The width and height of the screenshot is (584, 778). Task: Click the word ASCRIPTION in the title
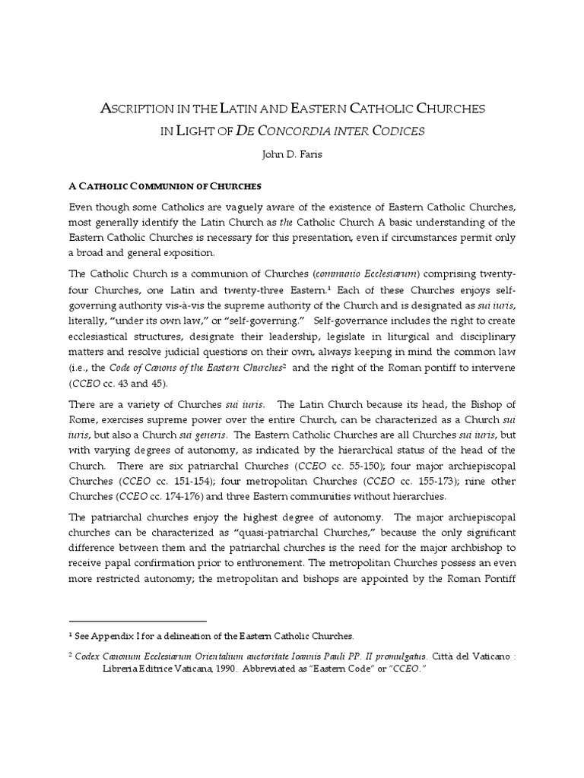pos(145,109)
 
